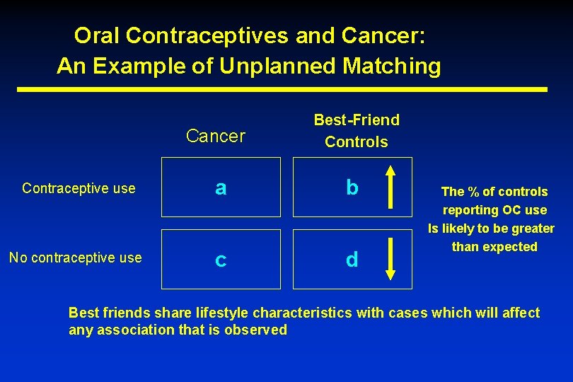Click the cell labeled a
(x=221, y=188)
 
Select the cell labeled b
(x=352, y=188)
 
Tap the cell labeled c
(x=221, y=260)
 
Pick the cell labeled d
(x=352, y=260)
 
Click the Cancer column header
(x=215, y=136)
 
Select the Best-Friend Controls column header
(x=356, y=131)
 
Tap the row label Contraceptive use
(x=79, y=188)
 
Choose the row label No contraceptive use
(x=75, y=257)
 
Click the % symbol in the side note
(x=473, y=192)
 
